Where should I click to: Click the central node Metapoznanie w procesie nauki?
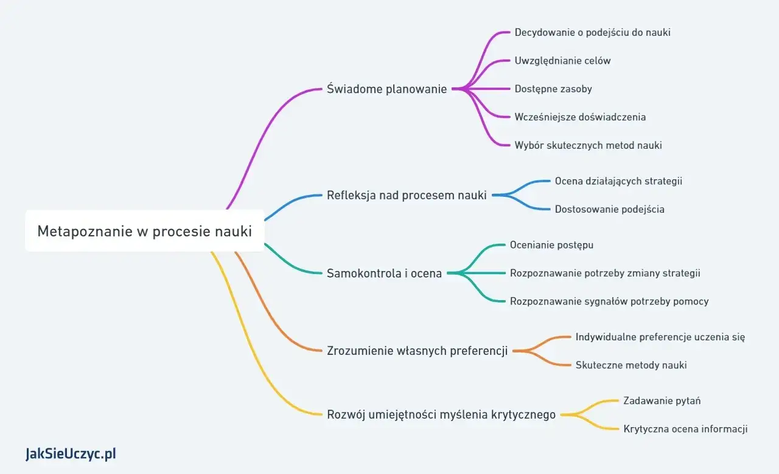click(x=144, y=231)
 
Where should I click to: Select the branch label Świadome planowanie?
click(x=387, y=89)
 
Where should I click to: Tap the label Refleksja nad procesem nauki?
click(x=407, y=195)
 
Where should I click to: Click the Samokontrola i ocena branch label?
click(x=385, y=273)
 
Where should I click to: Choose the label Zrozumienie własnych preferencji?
click(x=417, y=351)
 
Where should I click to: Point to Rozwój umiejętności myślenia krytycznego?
click(x=441, y=415)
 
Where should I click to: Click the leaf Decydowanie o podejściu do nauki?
click(x=592, y=32)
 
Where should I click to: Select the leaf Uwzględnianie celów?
click(x=562, y=61)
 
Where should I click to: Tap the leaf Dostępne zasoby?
click(x=553, y=89)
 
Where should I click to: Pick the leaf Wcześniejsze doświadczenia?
click(x=580, y=117)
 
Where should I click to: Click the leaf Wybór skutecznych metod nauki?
click(x=588, y=145)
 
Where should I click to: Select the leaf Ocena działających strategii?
click(x=618, y=181)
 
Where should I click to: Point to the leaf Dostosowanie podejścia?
click(x=609, y=209)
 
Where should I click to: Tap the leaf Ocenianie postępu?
click(x=551, y=245)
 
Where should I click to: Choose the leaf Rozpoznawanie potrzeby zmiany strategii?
click(x=605, y=273)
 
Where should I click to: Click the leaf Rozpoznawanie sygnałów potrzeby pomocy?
click(x=609, y=301)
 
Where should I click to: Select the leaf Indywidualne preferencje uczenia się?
click(x=660, y=337)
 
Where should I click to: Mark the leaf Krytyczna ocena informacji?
click(x=685, y=429)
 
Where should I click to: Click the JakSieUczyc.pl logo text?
click(x=71, y=453)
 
